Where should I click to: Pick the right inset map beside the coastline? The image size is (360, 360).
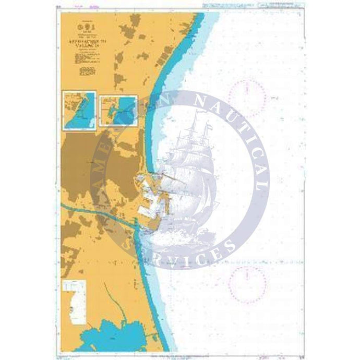(x=118, y=110)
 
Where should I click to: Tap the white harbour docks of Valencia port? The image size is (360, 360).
(x=151, y=198)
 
